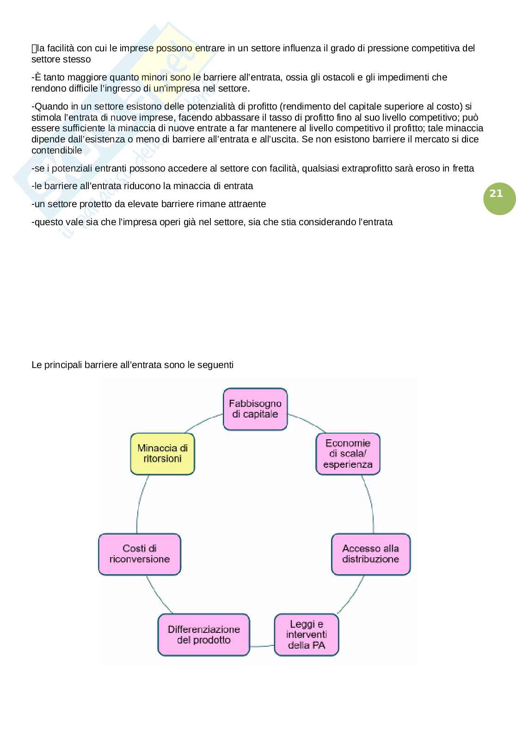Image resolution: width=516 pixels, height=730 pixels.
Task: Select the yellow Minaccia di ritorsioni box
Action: (162, 454)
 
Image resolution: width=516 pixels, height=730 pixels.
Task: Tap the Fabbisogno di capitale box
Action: (255, 409)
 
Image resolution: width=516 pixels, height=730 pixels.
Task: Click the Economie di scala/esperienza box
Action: (348, 454)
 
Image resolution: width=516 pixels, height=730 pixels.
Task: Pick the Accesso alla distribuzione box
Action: (370, 554)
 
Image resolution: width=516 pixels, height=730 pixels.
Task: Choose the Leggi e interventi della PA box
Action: (306, 634)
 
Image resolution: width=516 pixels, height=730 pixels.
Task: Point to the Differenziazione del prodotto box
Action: (203, 634)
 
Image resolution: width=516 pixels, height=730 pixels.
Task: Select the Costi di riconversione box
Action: (140, 554)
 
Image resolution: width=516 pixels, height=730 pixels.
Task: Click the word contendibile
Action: (57, 150)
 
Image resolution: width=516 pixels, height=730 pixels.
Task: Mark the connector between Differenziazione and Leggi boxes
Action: (262, 645)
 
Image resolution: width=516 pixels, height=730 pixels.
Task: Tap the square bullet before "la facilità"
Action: (34, 48)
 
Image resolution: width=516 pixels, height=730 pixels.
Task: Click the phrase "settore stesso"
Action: (61, 59)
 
